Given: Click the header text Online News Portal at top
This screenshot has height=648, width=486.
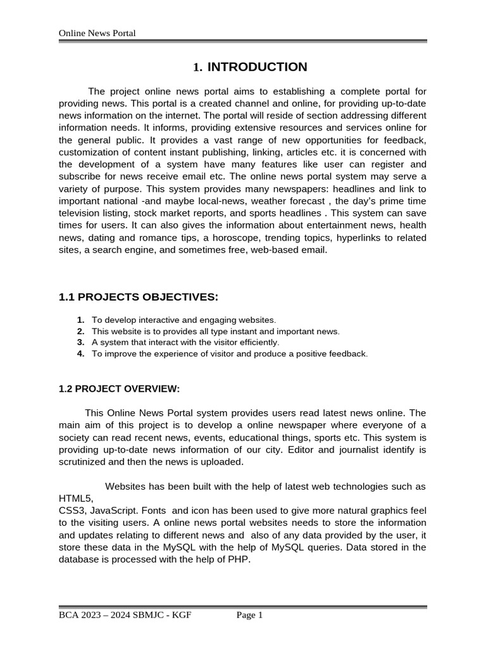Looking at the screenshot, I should (97, 33).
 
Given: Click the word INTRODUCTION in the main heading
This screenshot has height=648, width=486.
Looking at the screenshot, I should (257, 67).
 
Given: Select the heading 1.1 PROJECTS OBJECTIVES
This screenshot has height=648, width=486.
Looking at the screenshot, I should (138, 297).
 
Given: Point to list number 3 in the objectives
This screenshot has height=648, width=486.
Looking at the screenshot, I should (81, 342).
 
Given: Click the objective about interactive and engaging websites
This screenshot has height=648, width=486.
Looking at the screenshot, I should (184, 320).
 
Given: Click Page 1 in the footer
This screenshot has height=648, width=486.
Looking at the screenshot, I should (249, 615).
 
